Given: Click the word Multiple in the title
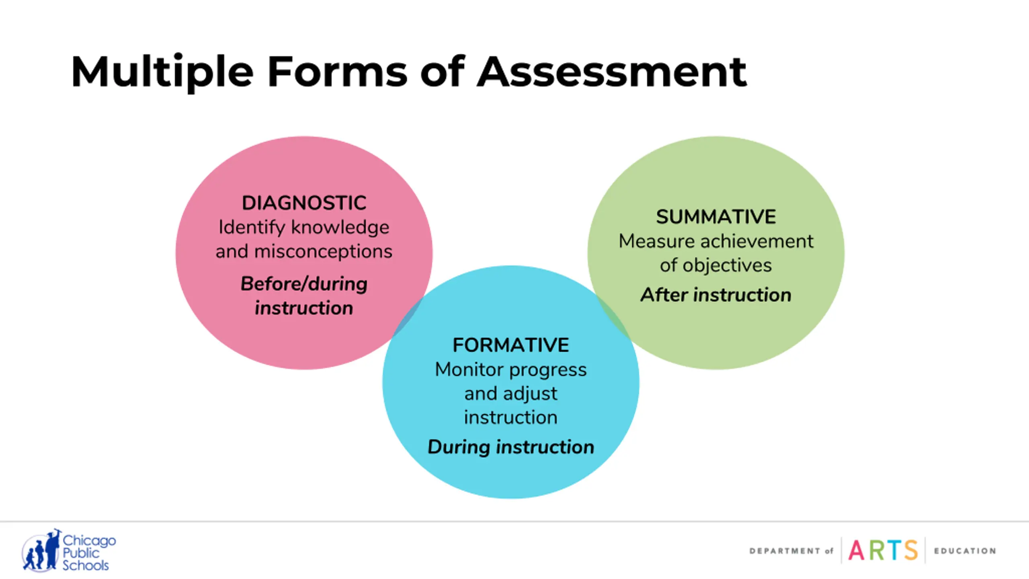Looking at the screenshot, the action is (x=162, y=72).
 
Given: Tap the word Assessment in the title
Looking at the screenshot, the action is (x=611, y=72).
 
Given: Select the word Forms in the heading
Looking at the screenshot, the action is (x=337, y=72).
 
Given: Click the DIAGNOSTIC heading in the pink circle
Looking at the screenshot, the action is (x=304, y=203).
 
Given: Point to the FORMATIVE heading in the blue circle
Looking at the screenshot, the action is (x=510, y=345).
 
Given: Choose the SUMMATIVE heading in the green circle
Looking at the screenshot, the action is (x=716, y=217).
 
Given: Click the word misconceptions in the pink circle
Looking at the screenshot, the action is (x=323, y=252).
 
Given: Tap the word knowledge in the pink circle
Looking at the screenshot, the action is (x=340, y=228).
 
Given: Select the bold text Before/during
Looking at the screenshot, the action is (x=304, y=284).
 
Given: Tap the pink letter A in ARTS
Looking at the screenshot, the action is (x=856, y=550).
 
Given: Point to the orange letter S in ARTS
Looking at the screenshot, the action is (x=911, y=550).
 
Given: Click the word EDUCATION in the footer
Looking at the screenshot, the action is (x=965, y=551).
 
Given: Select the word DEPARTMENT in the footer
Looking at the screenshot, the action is (x=785, y=551).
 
